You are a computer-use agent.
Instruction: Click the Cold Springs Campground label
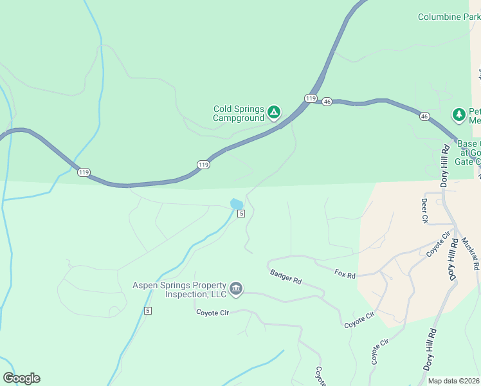239,114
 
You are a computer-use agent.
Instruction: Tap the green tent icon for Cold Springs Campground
273,113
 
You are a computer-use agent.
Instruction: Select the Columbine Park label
449,17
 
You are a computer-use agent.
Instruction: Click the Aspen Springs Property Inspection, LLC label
180,289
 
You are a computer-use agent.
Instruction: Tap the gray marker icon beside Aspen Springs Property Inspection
236,289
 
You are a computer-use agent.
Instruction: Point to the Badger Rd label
286,277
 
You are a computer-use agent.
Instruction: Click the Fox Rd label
345,274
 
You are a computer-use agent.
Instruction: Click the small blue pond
236,203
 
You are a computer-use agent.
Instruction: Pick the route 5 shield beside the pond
240,214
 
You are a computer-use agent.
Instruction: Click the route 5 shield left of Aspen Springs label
148,311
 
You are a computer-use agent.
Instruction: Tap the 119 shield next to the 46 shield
311,98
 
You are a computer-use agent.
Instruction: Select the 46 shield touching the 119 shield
327,102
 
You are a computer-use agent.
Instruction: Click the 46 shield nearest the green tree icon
424,116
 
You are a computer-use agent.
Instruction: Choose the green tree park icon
458,115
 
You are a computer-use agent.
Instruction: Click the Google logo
21,378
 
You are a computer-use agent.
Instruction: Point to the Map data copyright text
454,381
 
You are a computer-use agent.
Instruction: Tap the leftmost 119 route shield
84,172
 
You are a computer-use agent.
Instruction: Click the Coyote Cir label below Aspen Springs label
212,312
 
